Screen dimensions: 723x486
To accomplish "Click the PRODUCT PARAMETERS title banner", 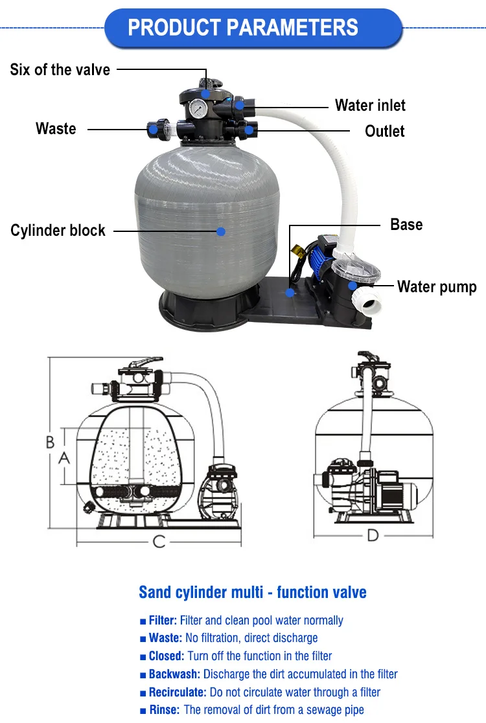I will point(243,28).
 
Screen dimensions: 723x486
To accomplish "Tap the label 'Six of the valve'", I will point(60,69).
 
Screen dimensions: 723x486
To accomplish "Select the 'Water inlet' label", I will point(370,105).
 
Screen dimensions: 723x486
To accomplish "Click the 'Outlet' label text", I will point(384,131).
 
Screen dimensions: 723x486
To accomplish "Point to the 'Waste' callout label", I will point(56,128).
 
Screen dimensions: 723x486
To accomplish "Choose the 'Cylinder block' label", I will point(58,230).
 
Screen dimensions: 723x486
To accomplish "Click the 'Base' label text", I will point(406,225).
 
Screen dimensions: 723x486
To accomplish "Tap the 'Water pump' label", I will point(437,286).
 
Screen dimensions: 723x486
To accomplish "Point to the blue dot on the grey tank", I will point(221,230).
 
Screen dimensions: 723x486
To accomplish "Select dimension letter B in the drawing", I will point(50,442).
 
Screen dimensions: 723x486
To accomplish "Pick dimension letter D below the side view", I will point(373,535).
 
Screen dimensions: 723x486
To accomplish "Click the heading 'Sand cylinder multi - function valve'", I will point(252,592).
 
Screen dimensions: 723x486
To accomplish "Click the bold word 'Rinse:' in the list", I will point(163,710).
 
